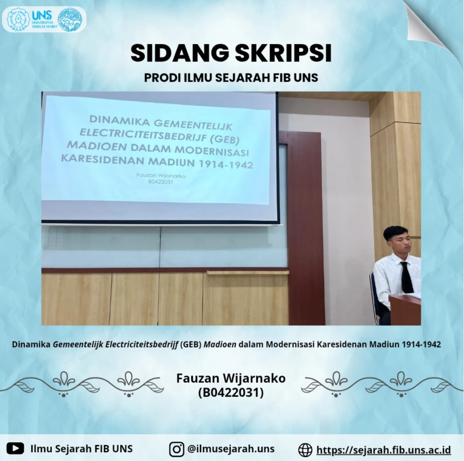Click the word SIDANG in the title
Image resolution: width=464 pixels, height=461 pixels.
pos(180,53)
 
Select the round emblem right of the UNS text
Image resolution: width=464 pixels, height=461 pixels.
pos(70,20)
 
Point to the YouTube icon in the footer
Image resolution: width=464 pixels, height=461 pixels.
pos(15,448)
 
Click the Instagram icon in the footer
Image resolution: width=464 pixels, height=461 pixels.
pos(177,449)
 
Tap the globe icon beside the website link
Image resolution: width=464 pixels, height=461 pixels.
pos(305,450)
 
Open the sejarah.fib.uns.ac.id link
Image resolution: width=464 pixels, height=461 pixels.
pos(384,450)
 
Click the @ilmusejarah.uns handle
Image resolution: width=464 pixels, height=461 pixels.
pos(231,449)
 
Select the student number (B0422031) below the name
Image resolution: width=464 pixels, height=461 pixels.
pos(231,393)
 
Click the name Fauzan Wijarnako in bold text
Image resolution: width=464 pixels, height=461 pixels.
pos(231,378)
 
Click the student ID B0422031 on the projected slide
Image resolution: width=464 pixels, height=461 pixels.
pos(161,182)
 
